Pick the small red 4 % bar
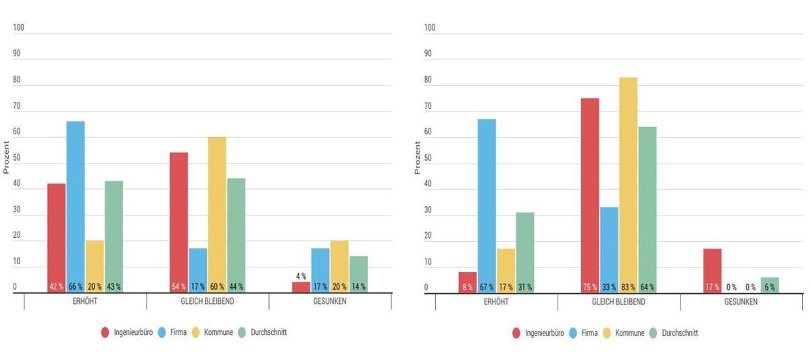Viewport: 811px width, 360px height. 301,287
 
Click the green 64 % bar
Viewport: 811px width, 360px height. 647,209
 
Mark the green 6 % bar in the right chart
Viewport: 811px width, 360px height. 770,284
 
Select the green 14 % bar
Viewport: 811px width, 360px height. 359,274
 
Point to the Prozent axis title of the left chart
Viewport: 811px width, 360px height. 6,157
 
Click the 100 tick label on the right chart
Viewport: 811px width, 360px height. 430,28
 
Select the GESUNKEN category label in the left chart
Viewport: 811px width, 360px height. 330,301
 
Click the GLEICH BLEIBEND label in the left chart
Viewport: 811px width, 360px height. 207,301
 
